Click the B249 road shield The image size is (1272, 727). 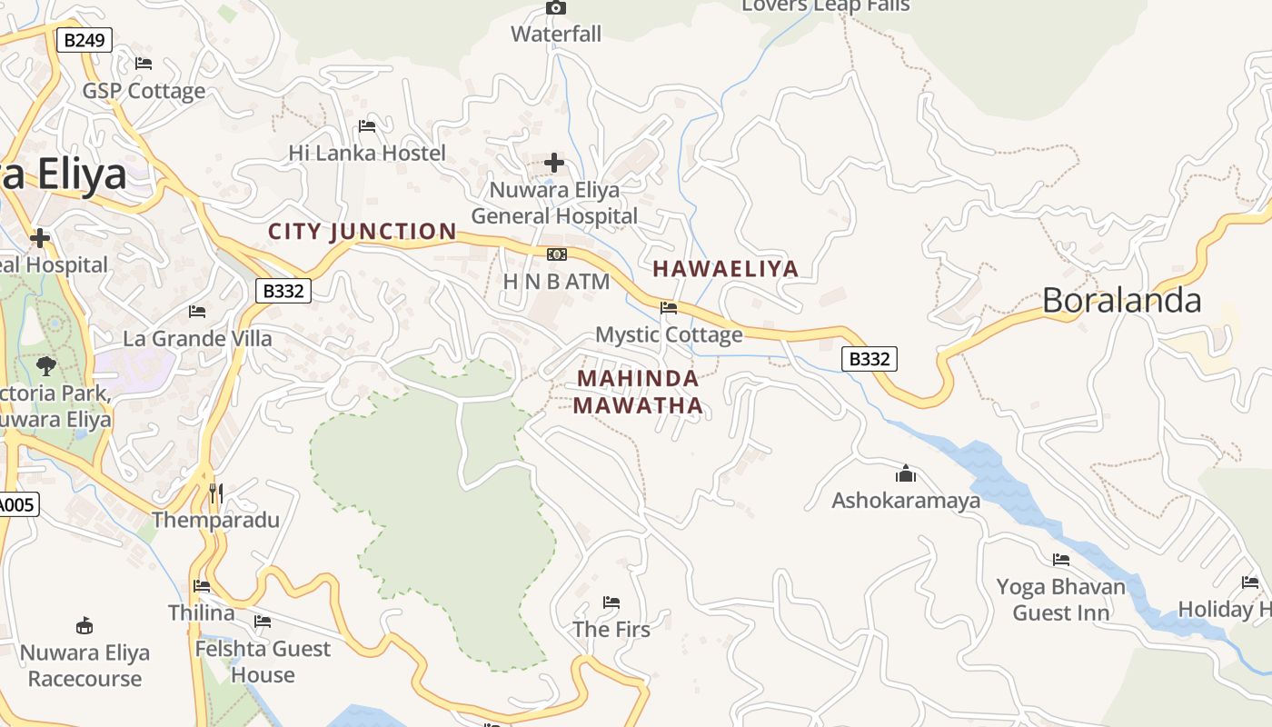[x=84, y=40]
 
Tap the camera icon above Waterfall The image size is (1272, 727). [x=556, y=8]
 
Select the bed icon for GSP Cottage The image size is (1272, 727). [x=144, y=64]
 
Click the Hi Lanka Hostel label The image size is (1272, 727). [x=367, y=153]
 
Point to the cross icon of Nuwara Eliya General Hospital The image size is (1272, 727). [x=554, y=164]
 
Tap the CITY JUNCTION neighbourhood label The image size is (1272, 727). [x=362, y=232]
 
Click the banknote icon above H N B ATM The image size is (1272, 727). [x=557, y=254]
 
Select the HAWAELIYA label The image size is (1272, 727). [x=725, y=269]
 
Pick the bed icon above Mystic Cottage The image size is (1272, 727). [x=669, y=308]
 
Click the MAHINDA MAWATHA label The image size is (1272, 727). [x=639, y=392]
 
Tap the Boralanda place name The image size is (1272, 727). [x=1121, y=301]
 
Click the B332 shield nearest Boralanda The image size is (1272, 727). [x=869, y=359]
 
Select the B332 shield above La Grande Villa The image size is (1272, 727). [x=283, y=291]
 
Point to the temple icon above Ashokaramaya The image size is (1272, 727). [x=906, y=473]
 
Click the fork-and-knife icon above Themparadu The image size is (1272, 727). [x=215, y=493]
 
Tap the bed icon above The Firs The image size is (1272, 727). [x=611, y=603]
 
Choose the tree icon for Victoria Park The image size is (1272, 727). [x=45, y=366]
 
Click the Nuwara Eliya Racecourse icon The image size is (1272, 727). [x=84, y=626]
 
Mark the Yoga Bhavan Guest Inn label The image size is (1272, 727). [x=1060, y=600]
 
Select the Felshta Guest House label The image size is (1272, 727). [x=263, y=662]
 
